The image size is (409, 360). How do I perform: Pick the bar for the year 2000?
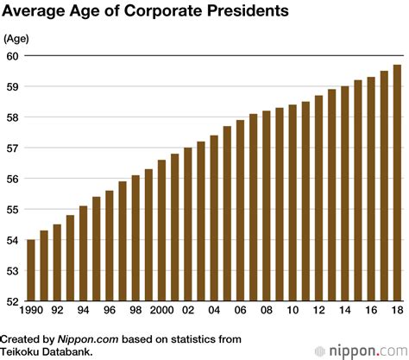coord(161,231)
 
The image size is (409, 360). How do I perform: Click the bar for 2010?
coord(293,203)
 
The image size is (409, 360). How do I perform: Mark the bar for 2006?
coord(240,211)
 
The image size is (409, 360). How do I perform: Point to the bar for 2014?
coord(344,193)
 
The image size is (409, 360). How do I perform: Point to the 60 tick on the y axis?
coord(11,55)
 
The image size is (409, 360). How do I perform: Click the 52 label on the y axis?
coord(11,301)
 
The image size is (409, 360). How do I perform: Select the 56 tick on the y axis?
coord(11,179)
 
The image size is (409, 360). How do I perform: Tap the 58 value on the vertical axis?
coord(11,117)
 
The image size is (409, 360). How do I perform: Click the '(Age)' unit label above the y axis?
coord(18,39)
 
